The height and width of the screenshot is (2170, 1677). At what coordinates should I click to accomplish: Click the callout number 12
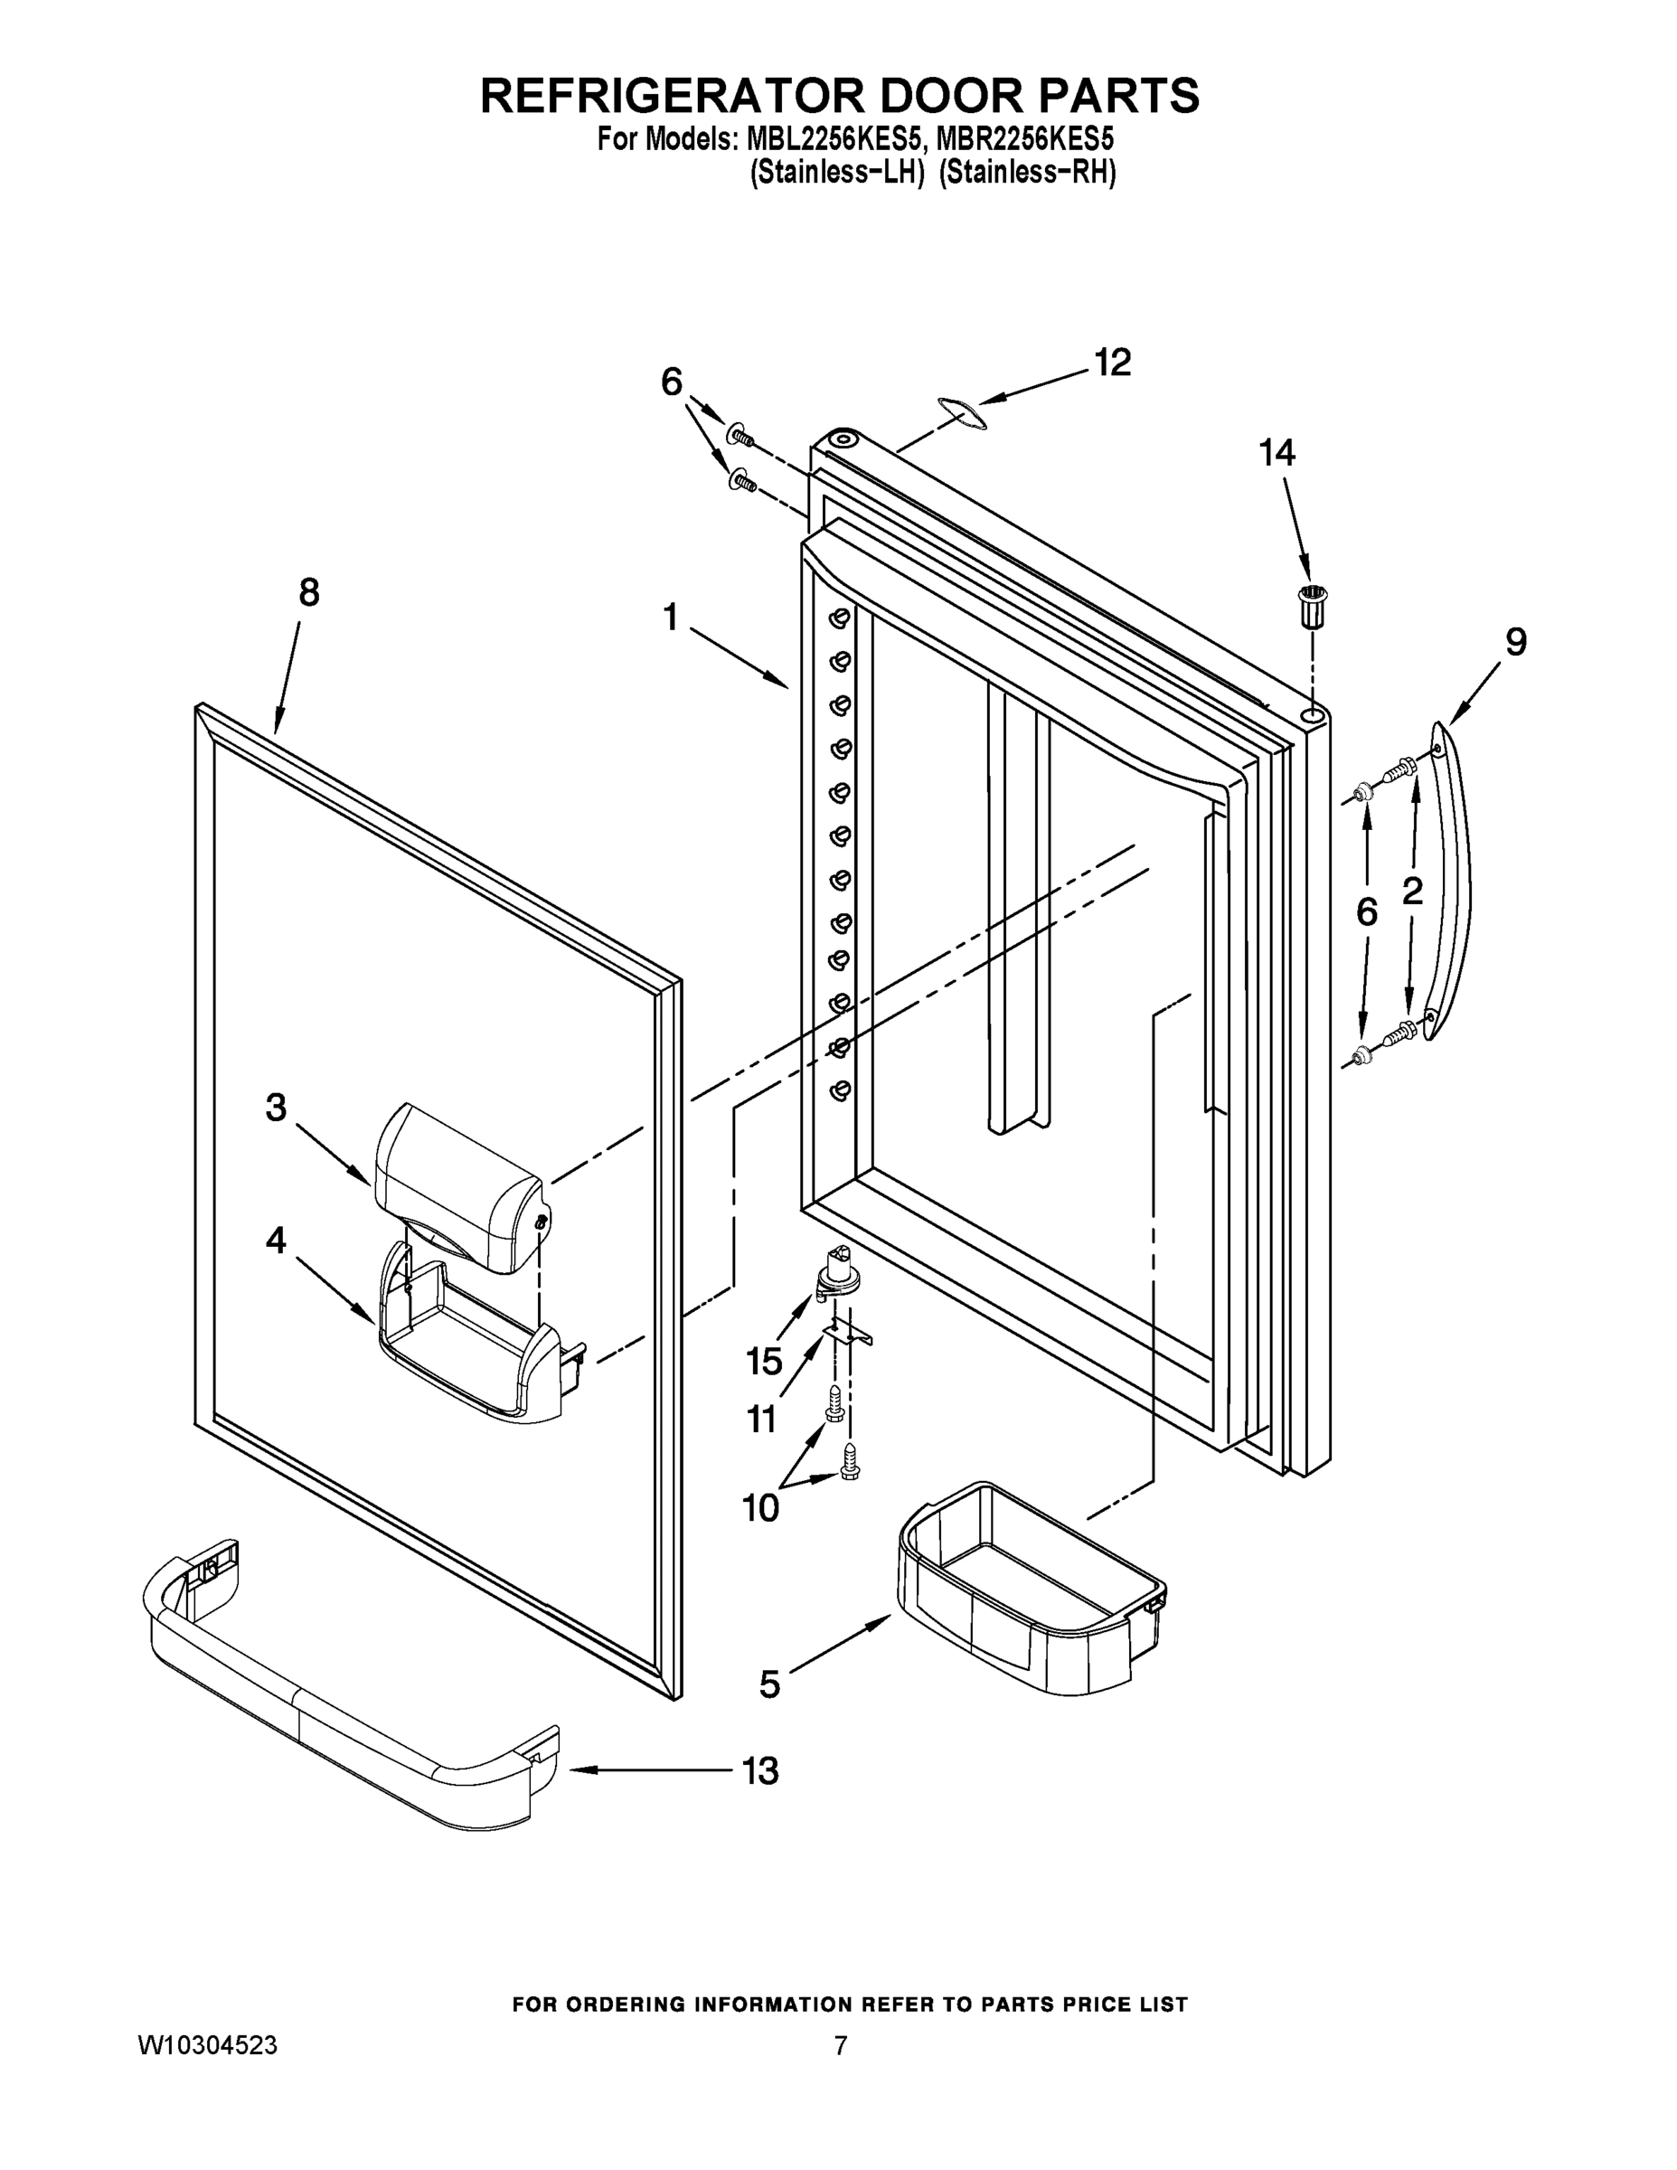[1113, 363]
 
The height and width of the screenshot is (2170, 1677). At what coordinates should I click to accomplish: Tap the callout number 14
[1277, 453]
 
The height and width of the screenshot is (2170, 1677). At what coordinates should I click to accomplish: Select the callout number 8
[309, 593]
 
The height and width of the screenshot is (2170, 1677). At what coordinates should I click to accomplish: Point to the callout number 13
[760, 1769]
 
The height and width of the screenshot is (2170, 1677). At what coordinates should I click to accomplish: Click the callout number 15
[764, 1360]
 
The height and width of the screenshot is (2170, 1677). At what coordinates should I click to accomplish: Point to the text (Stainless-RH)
[1027, 173]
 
